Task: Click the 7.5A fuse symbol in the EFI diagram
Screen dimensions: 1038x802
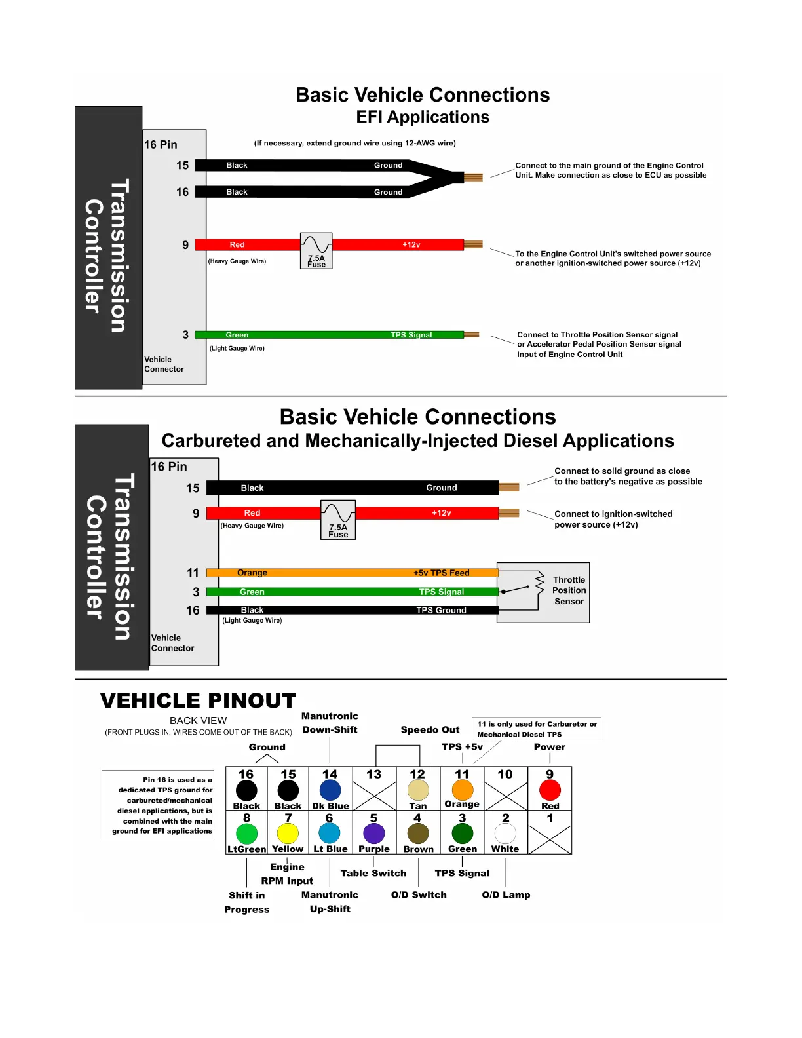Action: point(316,251)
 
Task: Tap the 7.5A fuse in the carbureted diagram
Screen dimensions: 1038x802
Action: point(338,520)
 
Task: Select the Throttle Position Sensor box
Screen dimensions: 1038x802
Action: point(543,592)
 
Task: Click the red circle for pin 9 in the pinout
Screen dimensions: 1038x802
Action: point(550,790)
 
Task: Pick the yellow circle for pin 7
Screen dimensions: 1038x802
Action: point(288,834)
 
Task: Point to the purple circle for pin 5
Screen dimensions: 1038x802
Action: point(373,834)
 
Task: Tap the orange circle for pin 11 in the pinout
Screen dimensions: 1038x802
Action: point(462,790)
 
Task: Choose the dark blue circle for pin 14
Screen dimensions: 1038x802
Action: point(330,790)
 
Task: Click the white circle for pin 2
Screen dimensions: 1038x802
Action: point(505,834)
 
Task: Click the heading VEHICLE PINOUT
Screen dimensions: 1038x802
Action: point(198,701)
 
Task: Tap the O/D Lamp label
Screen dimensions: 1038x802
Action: point(506,895)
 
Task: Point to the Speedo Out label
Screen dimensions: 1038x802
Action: point(430,730)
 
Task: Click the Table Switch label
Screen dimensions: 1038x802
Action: point(373,873)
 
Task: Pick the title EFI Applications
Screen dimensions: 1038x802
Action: point(423,117)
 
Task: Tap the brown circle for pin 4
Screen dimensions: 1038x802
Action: point(418,834)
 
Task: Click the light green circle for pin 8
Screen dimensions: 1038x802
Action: point(246,834)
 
